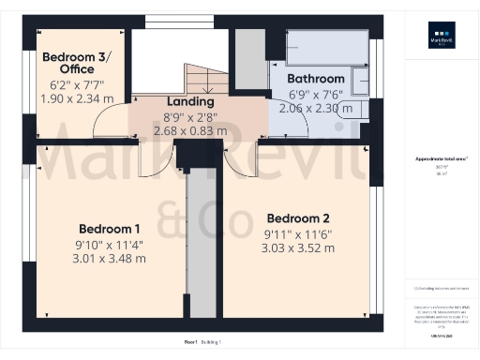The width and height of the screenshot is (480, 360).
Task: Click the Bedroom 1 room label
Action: point(109,229)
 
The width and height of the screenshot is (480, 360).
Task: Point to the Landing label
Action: point(191,101)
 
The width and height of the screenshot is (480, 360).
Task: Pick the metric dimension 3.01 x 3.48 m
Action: point(109,259)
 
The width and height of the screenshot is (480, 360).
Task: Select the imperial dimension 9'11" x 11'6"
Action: point(297,233)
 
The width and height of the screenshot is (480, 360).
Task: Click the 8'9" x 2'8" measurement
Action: point(191,116)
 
